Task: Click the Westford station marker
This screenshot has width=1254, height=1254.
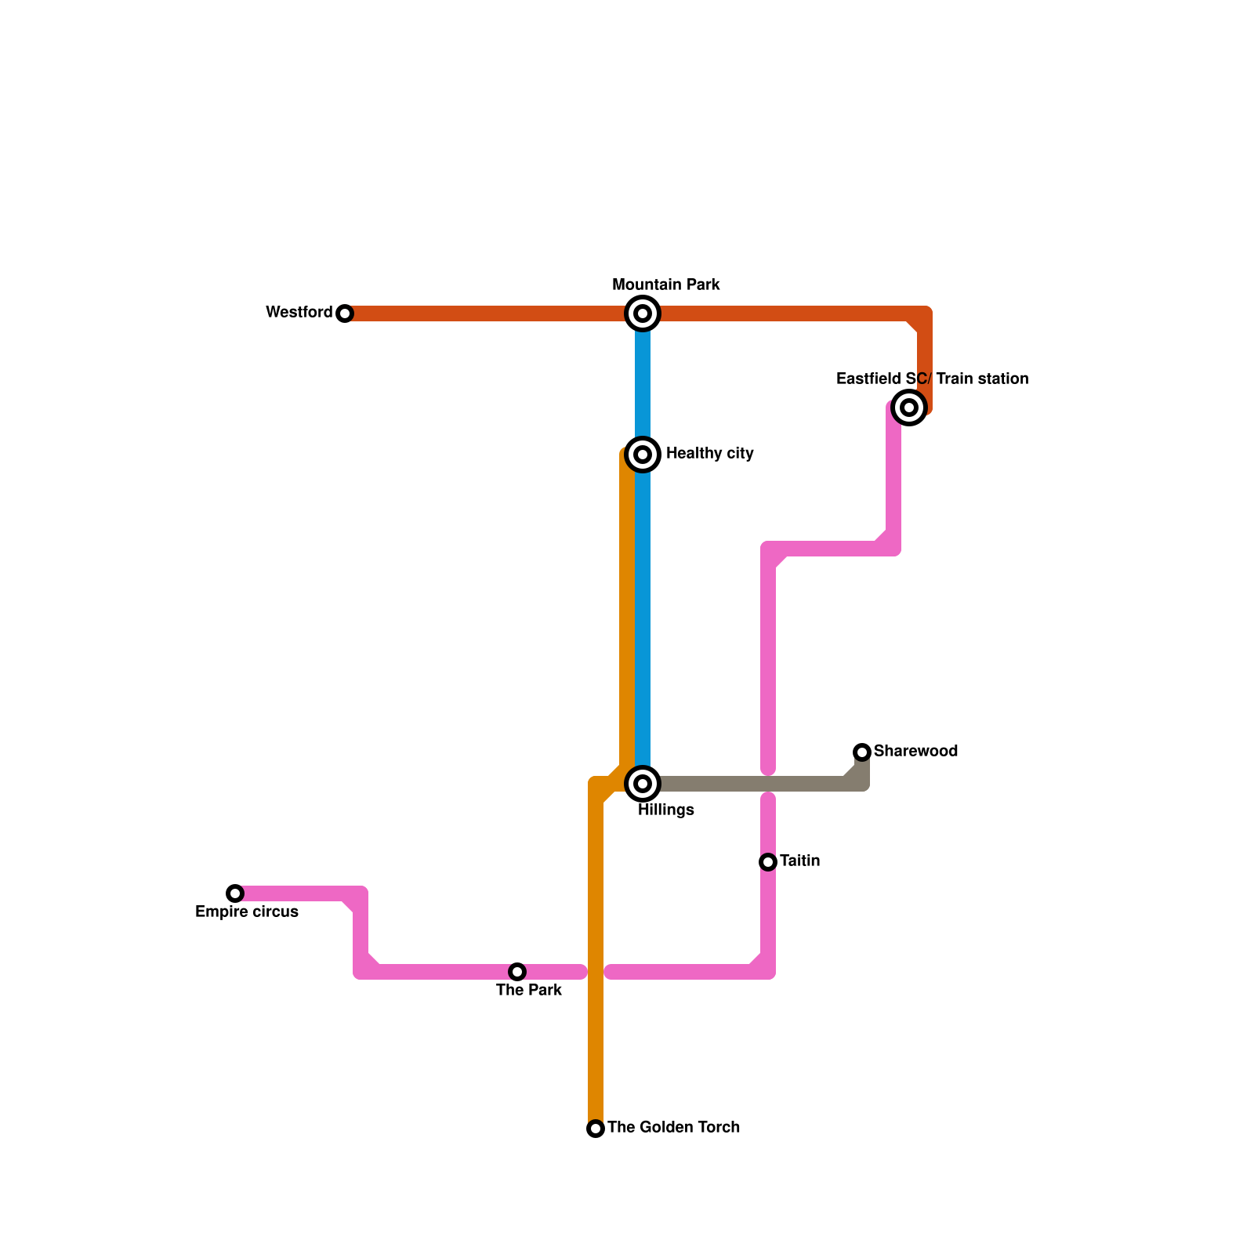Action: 345,313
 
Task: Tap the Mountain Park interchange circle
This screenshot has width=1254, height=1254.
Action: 643,313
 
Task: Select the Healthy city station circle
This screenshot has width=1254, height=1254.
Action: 643,455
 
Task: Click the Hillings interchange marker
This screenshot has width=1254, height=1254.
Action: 643,784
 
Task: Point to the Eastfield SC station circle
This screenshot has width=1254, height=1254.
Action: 909,408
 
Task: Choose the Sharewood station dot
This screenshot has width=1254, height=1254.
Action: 862,752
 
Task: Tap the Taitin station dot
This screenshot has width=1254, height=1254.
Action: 768,862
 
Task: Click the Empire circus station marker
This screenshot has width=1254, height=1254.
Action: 235,893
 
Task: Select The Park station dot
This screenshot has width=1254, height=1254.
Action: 517,972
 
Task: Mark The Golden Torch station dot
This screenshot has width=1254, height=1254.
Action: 596,1129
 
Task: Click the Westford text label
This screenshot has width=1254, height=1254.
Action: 299,313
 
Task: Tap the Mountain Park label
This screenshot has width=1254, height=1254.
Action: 666,285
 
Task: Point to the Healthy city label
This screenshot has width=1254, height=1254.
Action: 709,454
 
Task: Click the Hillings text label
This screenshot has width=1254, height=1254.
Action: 665,810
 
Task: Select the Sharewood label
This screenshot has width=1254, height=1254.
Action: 915,752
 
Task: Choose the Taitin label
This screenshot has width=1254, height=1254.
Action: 799,861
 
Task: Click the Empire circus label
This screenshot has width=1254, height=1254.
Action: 247,912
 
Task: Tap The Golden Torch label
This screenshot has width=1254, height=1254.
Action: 673,1128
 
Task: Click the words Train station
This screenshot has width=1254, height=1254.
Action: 982,379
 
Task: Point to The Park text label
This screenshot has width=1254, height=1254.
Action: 529,991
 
